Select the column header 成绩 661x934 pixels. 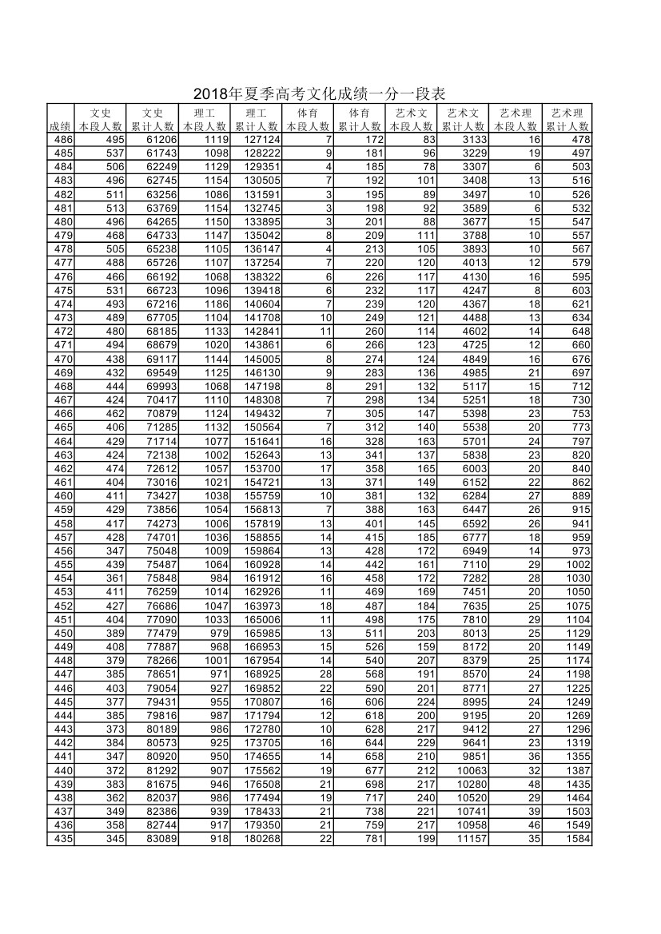pos(61,126)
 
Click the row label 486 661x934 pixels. pos(62,140)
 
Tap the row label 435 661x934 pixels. pos(62,839)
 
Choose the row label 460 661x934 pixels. pos(62,495)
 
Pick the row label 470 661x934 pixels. pos(62,359)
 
